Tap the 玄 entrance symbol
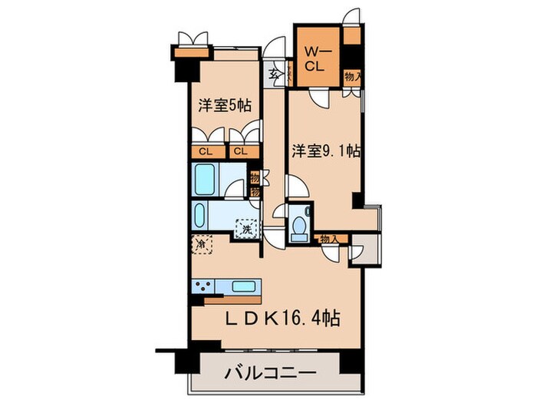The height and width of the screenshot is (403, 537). tap(274, 74)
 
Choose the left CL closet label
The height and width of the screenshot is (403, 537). tap(206, 151)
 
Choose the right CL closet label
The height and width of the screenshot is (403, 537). tap(241, 151)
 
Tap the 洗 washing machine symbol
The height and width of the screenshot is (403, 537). tap(248, 228)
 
